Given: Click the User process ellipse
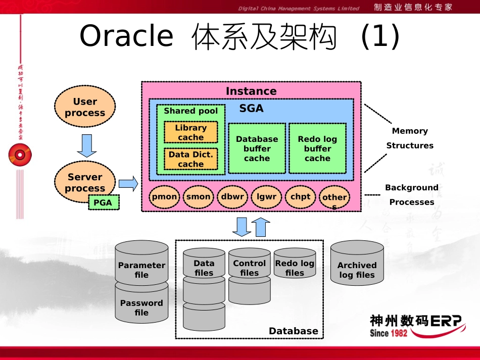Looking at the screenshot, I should pos(85,107).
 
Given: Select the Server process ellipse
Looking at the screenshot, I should pos(84,181).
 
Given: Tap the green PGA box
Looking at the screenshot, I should pos(104,202).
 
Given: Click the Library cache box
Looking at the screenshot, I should pos(190,132).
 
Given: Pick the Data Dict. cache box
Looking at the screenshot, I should pos(190,159).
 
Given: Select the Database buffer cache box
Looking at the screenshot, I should pos(257,148).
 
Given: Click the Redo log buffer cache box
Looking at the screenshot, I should pos(317,148).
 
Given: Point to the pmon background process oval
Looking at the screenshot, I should pos(165,197).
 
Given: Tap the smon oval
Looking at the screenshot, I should pos(198,197).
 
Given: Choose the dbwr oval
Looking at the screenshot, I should pos(232,197).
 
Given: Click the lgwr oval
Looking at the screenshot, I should pos(266,197).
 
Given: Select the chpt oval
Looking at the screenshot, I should pos(301,197).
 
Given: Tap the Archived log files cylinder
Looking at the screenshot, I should pos(357,265).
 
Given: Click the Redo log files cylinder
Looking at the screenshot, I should pos(295,265).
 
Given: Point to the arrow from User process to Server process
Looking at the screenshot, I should pos(86,146).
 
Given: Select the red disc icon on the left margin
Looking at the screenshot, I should pos(20,155).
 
